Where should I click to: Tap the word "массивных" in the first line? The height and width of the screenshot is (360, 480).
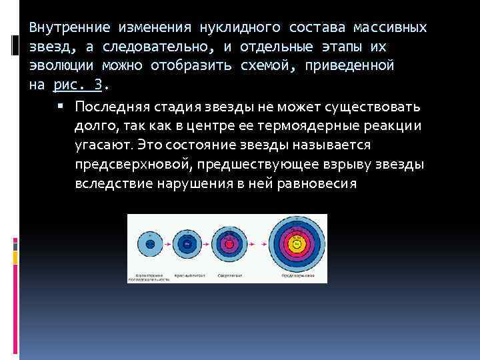pos(393,28)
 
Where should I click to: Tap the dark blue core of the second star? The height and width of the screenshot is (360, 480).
pos(189,245)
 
